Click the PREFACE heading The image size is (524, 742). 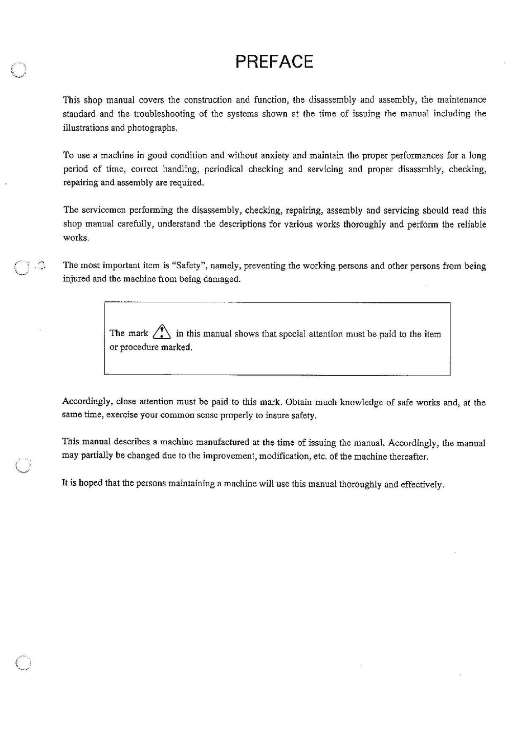click(x=274, y=61)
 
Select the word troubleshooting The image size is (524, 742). click(x=164, y=114)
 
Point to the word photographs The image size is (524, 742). click(x=152, y=128)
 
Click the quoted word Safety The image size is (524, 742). click(x=190, y=265)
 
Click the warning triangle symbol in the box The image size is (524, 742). click(x=161, y=333)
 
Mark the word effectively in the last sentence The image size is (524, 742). click(x=422, y=484)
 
